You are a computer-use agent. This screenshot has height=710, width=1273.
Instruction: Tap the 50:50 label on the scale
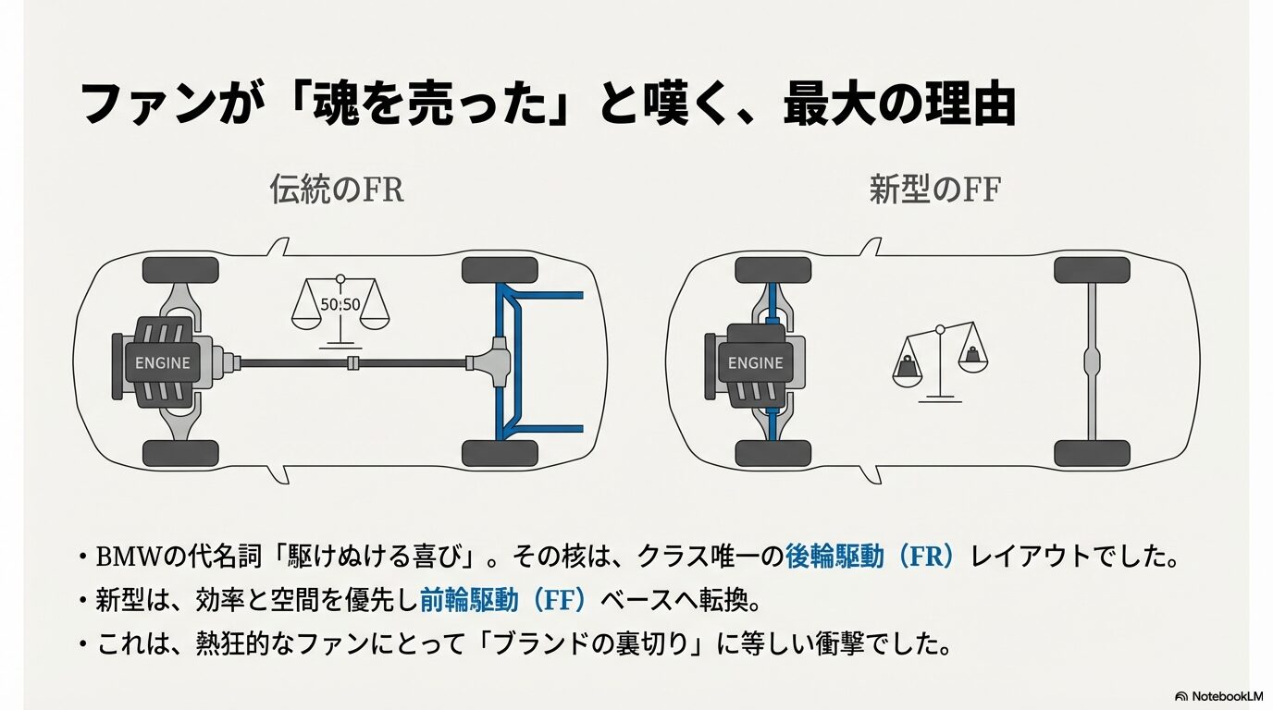340,304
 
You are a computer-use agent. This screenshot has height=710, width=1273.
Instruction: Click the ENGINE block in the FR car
162,362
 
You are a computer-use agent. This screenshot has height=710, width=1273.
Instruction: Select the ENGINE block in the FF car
755,362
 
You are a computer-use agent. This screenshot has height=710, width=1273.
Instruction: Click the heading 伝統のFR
337,190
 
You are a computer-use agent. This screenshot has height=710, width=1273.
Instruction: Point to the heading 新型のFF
935,190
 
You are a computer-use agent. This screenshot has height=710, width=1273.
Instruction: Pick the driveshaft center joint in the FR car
352,363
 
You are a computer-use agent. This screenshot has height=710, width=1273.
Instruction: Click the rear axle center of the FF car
1092,362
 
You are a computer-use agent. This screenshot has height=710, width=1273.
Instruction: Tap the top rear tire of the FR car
500,271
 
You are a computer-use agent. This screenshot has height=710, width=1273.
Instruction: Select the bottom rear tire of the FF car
1092,453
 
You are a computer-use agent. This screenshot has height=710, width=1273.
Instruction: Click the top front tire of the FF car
772,270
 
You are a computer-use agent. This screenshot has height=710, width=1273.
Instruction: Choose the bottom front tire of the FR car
180,453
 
